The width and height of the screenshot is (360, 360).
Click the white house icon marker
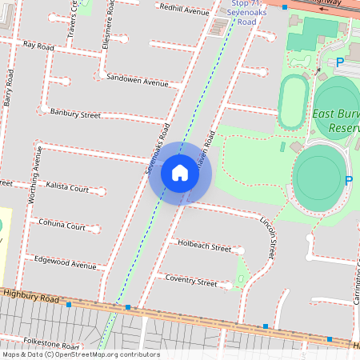point(180,173)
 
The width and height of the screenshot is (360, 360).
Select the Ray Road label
point(38,47)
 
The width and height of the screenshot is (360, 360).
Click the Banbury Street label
point(75,114)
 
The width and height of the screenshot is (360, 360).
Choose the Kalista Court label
point(67,189)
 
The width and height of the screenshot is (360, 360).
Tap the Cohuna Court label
point(62,226)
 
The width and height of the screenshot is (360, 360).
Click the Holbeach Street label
point(204,245)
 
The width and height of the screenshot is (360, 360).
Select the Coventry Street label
point(190,282)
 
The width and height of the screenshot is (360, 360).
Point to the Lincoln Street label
point(270,231)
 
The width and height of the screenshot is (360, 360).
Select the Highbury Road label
point(32,298)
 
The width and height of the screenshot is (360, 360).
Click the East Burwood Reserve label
point(336,120)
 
